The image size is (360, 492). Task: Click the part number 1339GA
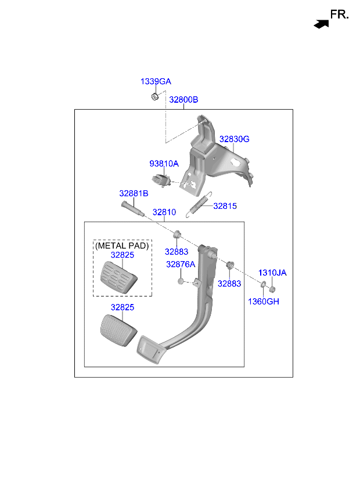tap(156, 82)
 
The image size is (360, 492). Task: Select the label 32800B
tap(183, 100)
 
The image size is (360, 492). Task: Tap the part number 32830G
tap(235, 139)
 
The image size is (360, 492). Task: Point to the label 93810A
tap(164, 164)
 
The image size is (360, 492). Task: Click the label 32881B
tap(134, 193)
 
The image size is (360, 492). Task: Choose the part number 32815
tap(225, 206)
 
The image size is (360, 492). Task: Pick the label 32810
tap(164, 212)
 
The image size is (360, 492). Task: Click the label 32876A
tap(181, 265)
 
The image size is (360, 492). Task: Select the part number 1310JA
tap(272, 273)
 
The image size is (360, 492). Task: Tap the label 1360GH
tap(264, 302)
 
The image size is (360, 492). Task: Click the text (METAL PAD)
tap(122, 245)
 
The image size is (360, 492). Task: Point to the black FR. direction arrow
tap(321, 24)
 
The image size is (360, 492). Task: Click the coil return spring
tap(199, 204)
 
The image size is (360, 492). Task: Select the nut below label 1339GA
tap(155, 97)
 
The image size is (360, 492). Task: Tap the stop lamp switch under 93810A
tap(161, 180)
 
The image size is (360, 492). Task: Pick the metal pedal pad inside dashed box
tap(119, 278)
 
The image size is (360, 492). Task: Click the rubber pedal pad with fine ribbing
tap(119, 330)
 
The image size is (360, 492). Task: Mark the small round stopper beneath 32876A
tap(181, 281)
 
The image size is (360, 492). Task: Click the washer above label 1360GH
tap(263, 285)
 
